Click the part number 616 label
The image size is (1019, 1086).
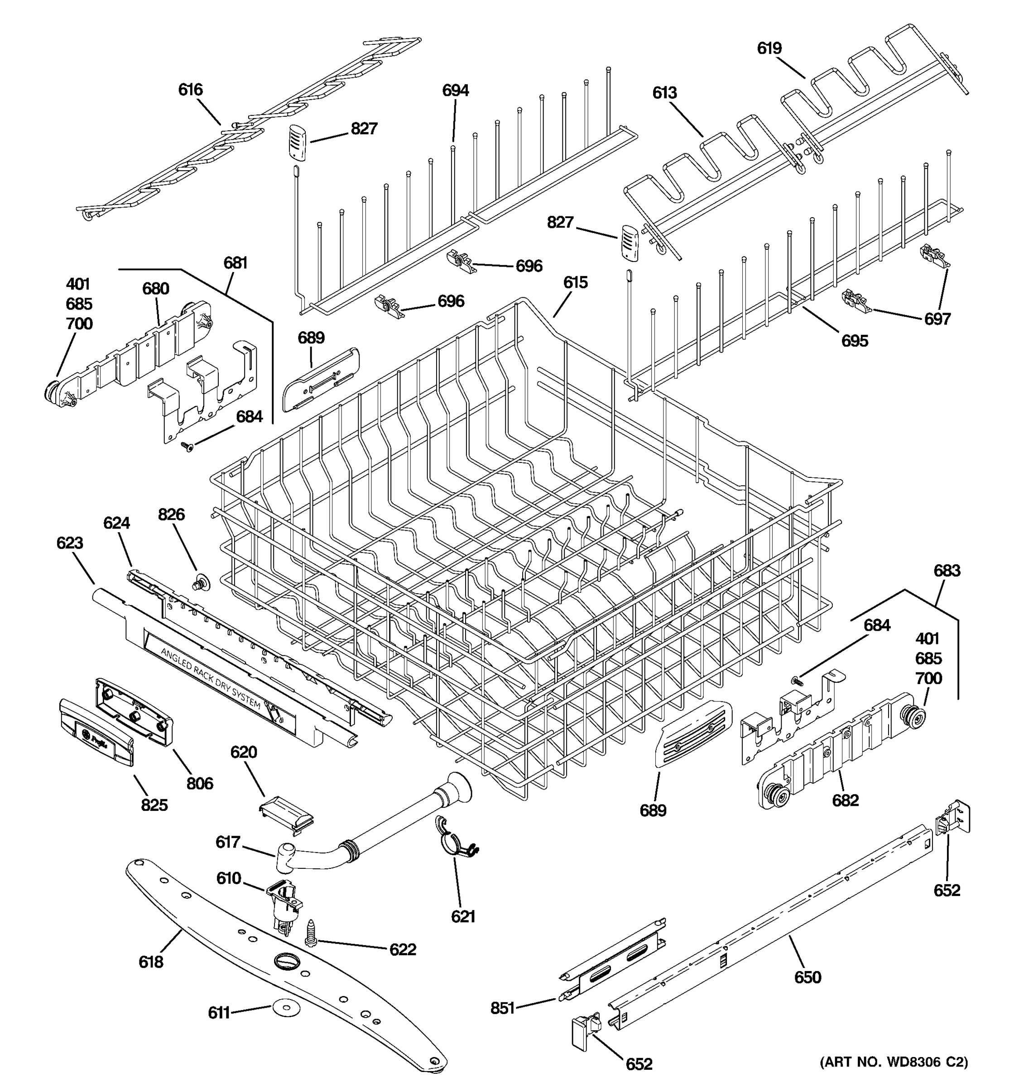pos(190,90)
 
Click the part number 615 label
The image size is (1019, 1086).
pos(575,282)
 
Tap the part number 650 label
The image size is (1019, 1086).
pos(808,977)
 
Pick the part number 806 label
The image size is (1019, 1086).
pos(200,783)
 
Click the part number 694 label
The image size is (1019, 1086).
pos(455,90)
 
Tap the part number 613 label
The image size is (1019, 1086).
pos(664,93)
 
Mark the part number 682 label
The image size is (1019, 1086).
pos(845,800)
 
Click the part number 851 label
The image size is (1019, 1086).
pos(502,1008)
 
